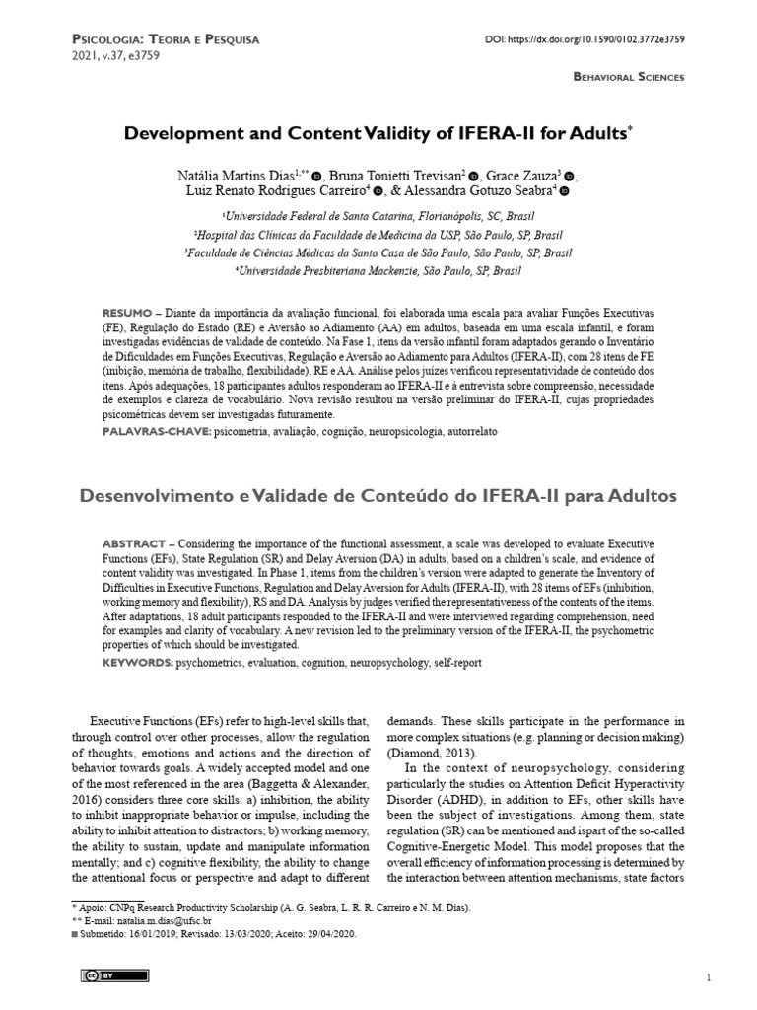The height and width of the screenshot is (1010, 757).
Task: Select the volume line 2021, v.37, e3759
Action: (x=115, y=56)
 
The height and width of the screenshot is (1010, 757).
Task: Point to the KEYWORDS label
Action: (x=137, y=664)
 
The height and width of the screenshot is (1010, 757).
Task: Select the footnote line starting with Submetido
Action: (x=217, y=933)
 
